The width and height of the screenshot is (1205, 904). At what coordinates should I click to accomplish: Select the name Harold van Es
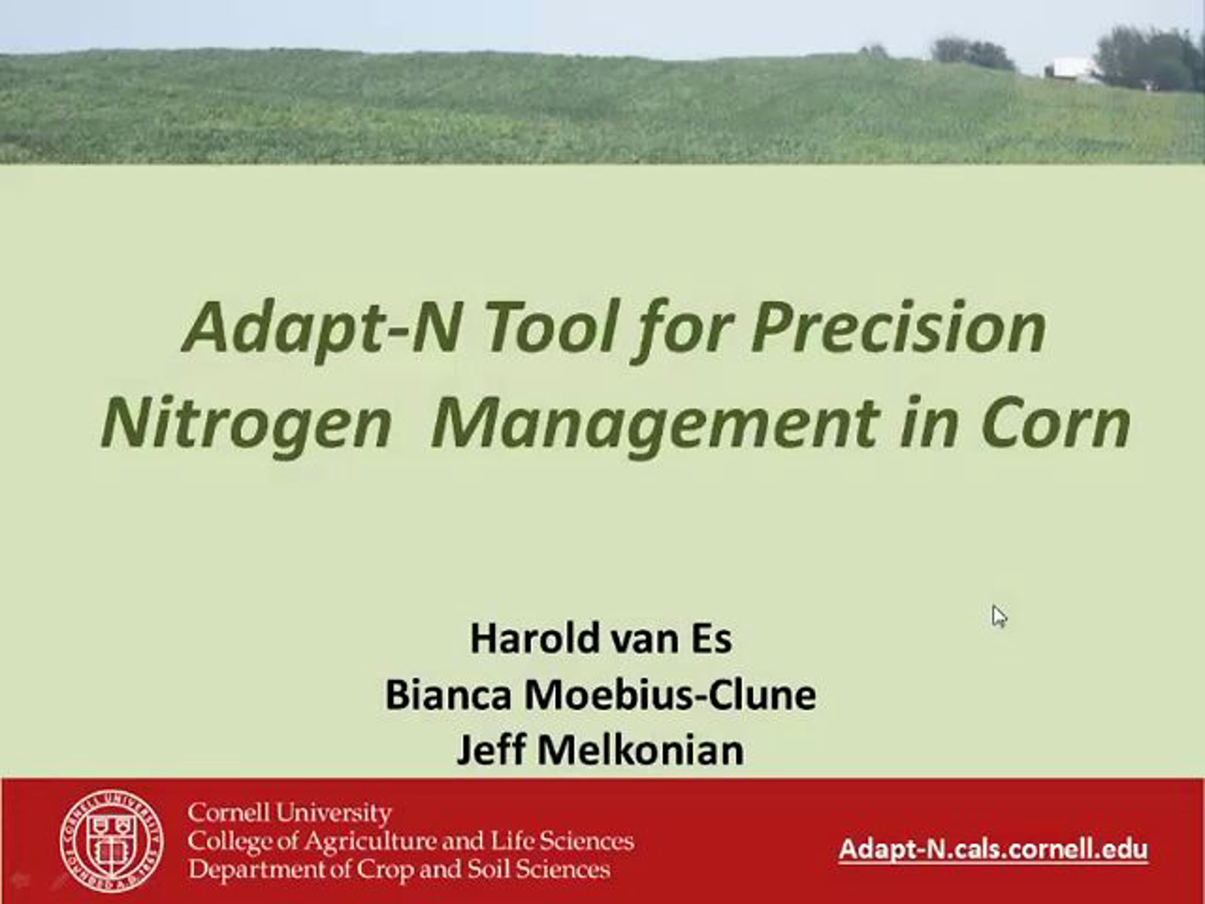click(601, 639)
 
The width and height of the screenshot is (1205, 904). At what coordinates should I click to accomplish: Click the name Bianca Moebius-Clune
click(601, 695)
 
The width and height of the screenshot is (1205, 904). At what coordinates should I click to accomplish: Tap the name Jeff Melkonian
click(600, 750)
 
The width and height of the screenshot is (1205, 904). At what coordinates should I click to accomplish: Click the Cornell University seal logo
click(111, 840)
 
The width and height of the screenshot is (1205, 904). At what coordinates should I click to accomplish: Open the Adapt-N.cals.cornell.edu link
click(993, 849)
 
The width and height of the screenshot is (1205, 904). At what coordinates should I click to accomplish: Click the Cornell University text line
click(289, 814)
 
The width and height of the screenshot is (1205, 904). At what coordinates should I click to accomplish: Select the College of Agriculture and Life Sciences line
click(411, 841)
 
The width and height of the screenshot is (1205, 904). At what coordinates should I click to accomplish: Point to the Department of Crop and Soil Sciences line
click(399, 869)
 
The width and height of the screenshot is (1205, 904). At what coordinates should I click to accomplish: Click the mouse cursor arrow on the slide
click(999, 616)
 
